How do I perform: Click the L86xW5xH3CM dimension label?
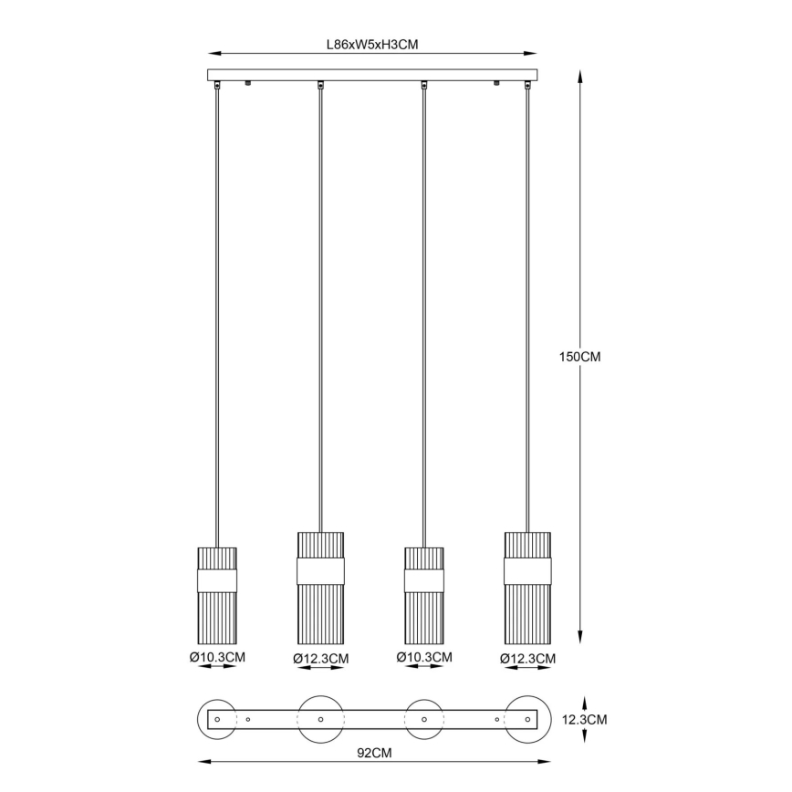point(372,45)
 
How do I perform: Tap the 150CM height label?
point(580,357)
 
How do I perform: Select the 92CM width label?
point(374,753)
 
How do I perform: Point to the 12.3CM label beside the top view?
point(584,719)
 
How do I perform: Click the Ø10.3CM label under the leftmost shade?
point(217,657)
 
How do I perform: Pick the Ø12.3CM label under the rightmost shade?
point(527,659)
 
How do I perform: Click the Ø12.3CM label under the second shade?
point(321,659)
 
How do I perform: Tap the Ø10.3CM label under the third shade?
point(424,657)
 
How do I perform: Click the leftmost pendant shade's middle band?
point(217,581)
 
